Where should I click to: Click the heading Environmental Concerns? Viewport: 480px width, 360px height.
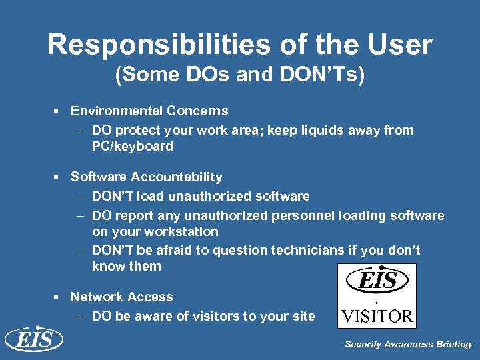point(149,111)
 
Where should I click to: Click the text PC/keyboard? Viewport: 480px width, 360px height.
point(132,146)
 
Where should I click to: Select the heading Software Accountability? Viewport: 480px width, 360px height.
point(147,177)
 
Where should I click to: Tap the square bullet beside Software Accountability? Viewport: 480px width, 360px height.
point(59,177)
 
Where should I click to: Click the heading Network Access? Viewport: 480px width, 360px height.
point(121,297)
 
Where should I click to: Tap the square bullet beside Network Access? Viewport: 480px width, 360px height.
point(59,297)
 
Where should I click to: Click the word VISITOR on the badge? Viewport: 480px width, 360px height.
point(377,314)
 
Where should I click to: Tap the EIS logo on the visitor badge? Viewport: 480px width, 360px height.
point(377,279)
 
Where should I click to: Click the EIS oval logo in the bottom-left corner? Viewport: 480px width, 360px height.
point(33,339)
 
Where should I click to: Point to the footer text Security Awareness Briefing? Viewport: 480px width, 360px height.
point(407,345)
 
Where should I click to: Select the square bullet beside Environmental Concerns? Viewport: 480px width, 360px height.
point(59,111)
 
